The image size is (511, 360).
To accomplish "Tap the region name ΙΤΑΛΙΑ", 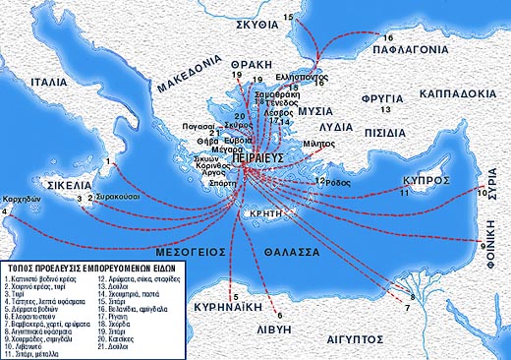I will tap(52, 84).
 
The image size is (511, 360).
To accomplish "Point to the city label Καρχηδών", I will tap(21, 197).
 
